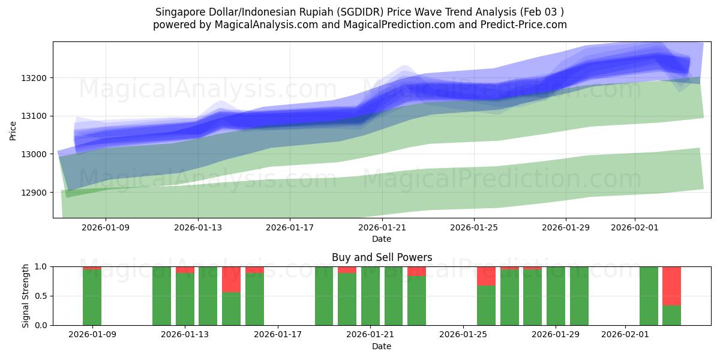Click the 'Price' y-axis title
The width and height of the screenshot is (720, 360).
click(13, 130)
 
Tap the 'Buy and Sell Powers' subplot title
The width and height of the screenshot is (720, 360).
click(382, 257)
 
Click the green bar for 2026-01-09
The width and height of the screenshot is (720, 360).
click(92, 298)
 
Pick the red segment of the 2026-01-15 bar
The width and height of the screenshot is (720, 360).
click(231, 279)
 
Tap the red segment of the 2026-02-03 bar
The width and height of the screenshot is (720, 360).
click(671, 286)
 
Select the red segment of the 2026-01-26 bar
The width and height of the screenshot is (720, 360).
click(486, 276)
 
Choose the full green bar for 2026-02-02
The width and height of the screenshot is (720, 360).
click(649, 296)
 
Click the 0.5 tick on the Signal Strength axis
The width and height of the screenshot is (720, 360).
click(43, 296)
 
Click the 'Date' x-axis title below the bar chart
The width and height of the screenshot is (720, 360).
click(382, 346)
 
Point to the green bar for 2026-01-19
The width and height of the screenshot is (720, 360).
click(324, 296)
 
